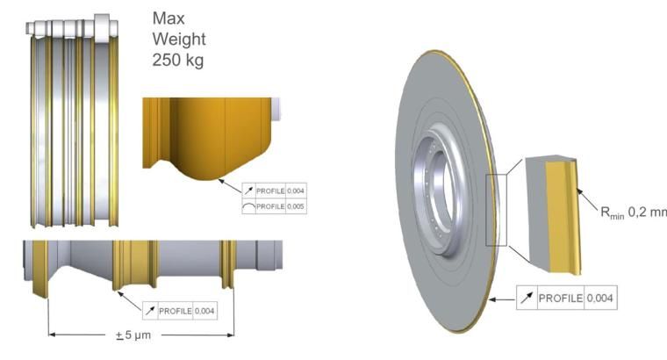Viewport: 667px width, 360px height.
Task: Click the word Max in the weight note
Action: point(169,18)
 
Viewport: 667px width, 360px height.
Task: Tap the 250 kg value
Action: point(178,60)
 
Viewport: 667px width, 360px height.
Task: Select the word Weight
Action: point(179,40)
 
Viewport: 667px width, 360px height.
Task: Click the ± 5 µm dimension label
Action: point(133,335)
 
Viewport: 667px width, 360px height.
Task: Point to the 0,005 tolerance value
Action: point(296,206)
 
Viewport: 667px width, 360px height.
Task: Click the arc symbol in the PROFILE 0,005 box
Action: point(249,207)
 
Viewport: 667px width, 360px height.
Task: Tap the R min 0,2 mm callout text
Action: point(633,212)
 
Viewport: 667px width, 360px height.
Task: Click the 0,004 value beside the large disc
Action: point(599,298)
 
